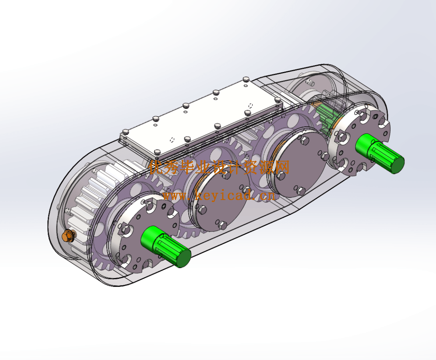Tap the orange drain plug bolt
pyautogui.click(x=67, y=236)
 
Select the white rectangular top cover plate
pyautogui.click(x=200, y=118)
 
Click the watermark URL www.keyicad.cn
pyautogui.click(x=218, y=196)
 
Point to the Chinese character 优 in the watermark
pyautogui.click(x=157, y=167)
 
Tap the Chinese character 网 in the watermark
pyautogui.click(x=281, y=167)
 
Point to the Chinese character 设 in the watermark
pyautogui.click(x=219, y=167)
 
